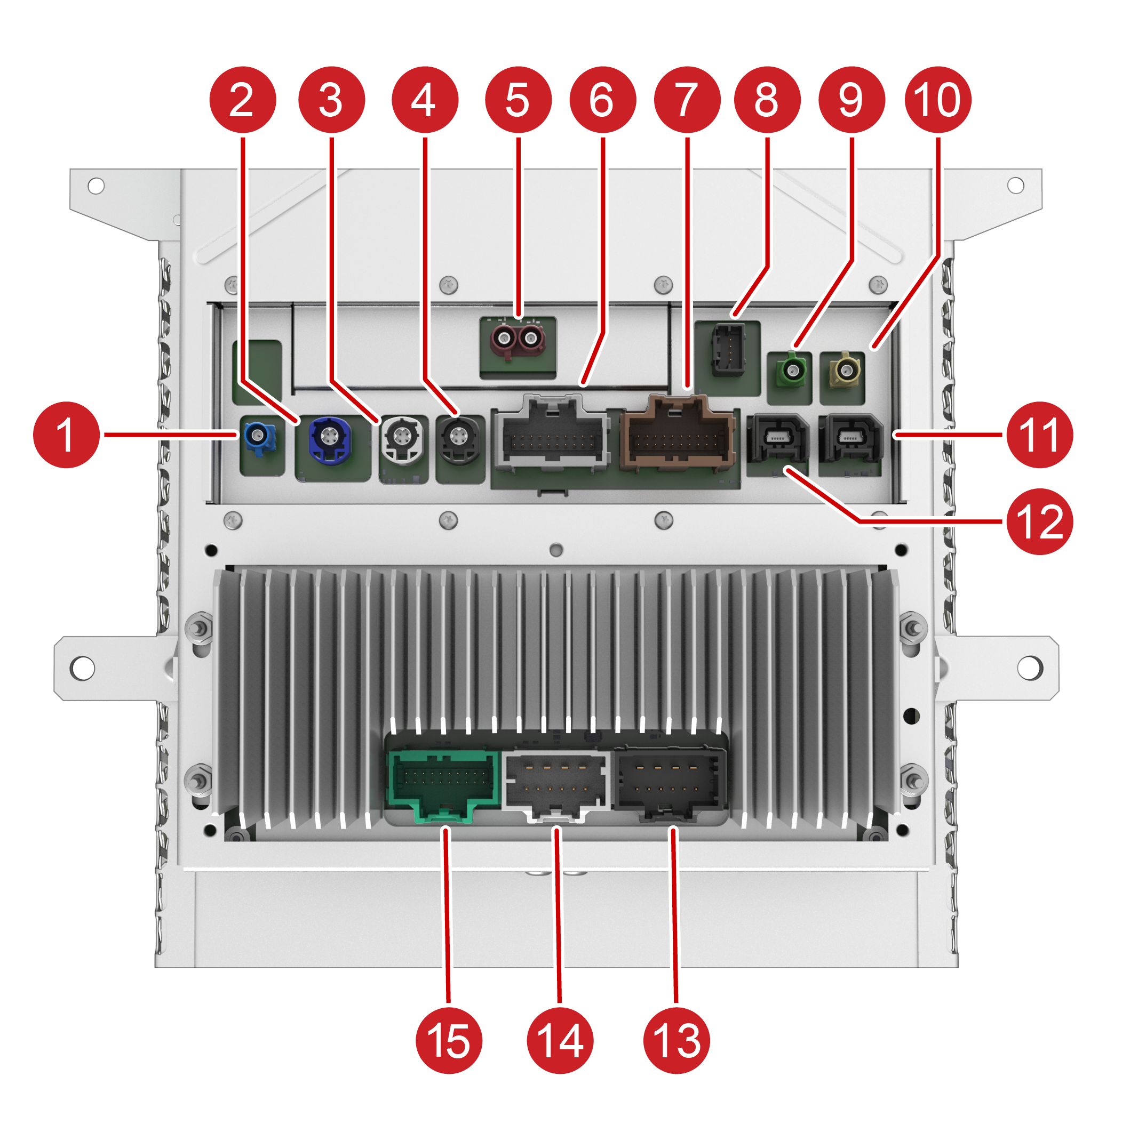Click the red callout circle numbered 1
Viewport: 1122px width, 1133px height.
(x=66, y=435)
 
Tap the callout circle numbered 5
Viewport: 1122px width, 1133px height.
(x=518, y=100)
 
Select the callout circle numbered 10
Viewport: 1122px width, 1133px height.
(x=937, y=100)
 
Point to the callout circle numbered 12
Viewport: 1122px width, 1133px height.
(x=1039, y=521)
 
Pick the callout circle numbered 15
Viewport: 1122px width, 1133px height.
(x=448, y=1040)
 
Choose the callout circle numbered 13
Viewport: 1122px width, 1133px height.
(x=676, y=1040)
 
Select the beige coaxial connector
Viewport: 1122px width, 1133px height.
(x=845, y=370)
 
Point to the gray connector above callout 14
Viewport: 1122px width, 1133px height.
(x=556, y=782)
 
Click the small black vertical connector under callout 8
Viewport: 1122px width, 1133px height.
(x=728, y=351)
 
